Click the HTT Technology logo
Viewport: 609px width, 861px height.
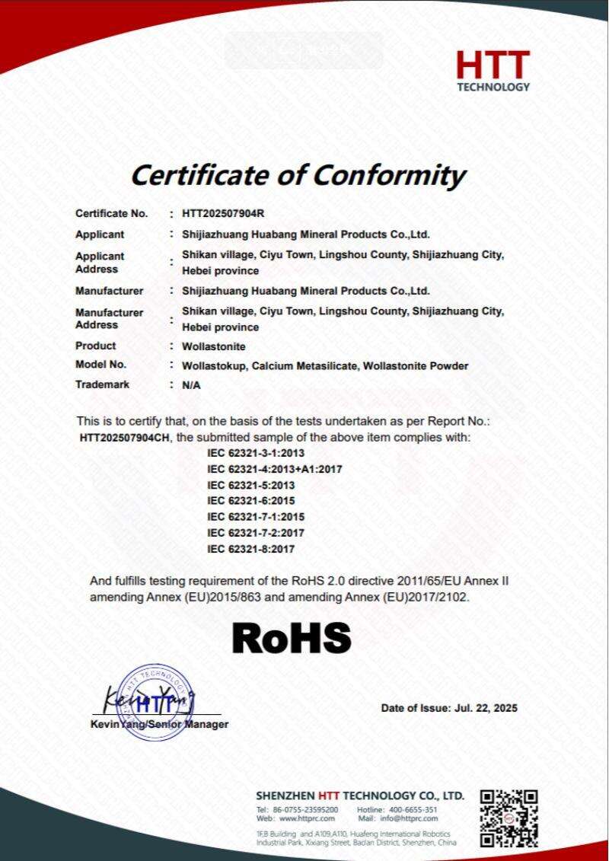493,71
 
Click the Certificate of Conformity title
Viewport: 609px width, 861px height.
298,175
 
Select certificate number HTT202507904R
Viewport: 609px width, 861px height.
222,214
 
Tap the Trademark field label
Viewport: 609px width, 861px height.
102,384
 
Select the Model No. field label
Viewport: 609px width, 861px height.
100,365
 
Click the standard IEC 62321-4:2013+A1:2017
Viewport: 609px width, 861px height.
264,469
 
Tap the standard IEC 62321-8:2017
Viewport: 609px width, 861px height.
244,548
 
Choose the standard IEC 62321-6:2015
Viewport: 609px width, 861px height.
244,501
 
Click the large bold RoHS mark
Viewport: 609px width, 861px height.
292,638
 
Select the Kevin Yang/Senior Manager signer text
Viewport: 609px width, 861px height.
159,725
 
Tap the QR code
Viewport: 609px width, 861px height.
509,818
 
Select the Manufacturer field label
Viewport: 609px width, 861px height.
109,291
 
